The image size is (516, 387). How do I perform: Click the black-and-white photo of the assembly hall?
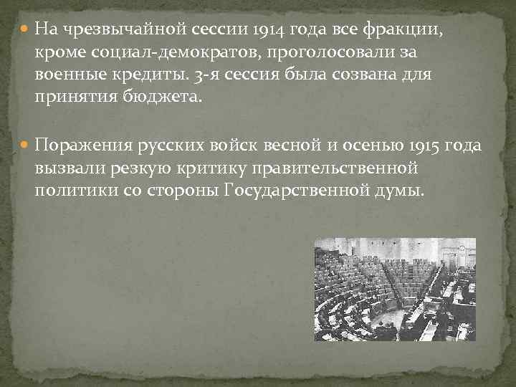pyautogui.click(x=395, y=290)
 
